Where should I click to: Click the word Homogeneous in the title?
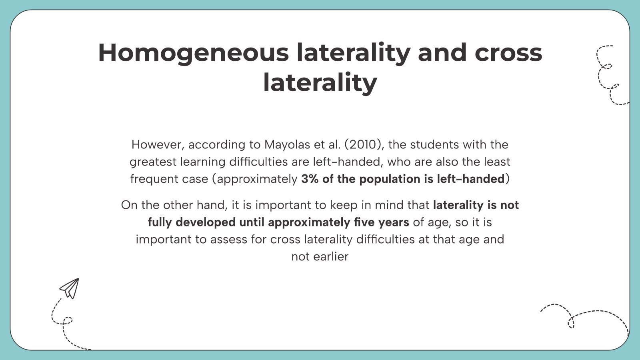click(193, 53)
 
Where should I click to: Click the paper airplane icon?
click(70, 288)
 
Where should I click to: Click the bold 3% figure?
click(310, 179)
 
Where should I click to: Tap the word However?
click(158, 144)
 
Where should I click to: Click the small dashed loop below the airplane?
click(68, 320)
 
